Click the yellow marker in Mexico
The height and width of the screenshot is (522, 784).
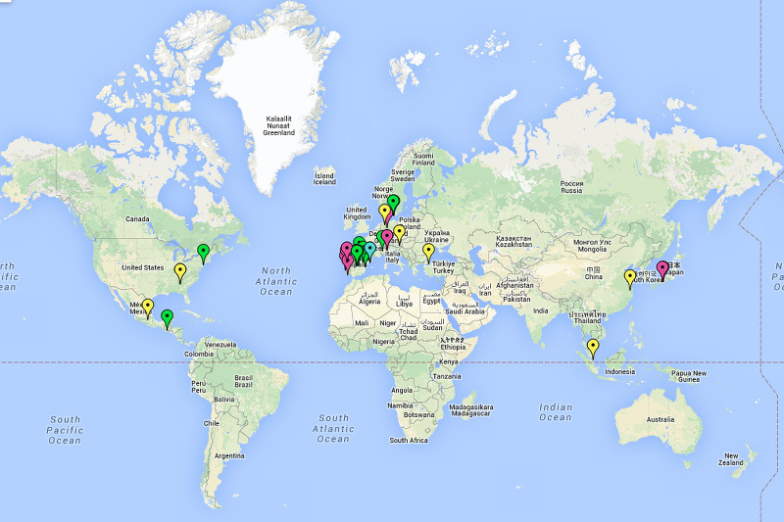tap(147, 307)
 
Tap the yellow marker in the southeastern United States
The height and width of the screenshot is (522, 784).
tap(180, 270)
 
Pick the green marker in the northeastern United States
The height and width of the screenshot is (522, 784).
tap(204, 252)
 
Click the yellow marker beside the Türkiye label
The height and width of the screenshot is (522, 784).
tap(428, 251)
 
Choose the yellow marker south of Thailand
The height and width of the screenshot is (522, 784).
tap(592, 346)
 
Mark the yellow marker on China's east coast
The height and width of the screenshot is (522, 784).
tap(630, 277)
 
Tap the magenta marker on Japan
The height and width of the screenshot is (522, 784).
tap(662, 268)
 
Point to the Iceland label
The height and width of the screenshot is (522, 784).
tap(324, 178)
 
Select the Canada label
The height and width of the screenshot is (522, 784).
tap(136, 219)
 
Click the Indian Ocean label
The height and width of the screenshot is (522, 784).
tap(555, 412)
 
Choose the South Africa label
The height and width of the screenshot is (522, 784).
tap(409, 441)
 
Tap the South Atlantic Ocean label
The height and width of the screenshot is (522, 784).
tap(333, 428)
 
